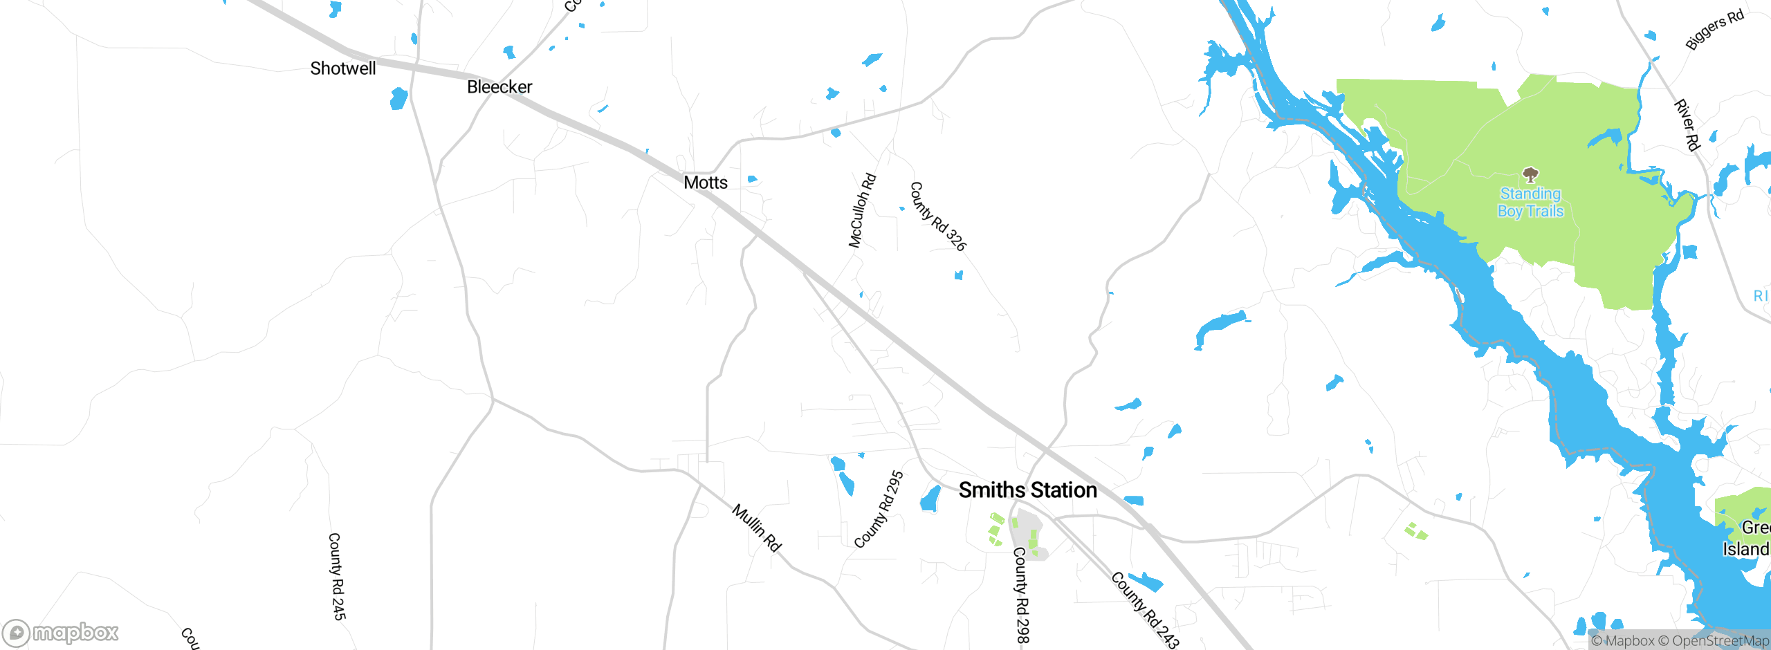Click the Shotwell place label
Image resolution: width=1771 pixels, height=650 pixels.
[x=343, y=68]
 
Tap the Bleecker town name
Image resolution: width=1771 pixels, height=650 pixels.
[x=499, y=87]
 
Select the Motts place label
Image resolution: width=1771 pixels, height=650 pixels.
[x=706, y=183]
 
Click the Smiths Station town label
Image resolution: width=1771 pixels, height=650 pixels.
[x=1027, y=490]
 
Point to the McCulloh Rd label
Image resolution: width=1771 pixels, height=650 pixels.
[x=862, y=211]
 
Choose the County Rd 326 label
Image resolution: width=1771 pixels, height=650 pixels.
[x=937, y=216]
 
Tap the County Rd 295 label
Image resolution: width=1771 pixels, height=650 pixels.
[x=879, y=510]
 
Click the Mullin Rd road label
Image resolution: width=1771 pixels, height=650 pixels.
[x=757, y=528]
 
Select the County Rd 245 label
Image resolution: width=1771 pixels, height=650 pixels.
[x=337, y=576]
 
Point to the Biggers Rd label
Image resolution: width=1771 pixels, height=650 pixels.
[x=1714, y=30]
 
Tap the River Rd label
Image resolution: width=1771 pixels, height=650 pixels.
[x=1687, y=125]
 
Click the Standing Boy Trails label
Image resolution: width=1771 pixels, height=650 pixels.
[x=1530, y=203]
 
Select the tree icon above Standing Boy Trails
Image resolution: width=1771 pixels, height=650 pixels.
[x=1530, y=174]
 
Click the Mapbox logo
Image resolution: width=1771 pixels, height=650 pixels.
[x=61, y=632]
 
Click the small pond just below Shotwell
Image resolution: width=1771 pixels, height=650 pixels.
[x=398, y=98]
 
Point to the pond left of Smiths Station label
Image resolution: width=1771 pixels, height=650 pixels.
[x=930, y=499]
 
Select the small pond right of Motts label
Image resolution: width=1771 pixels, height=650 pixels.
[x=752, y=180]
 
